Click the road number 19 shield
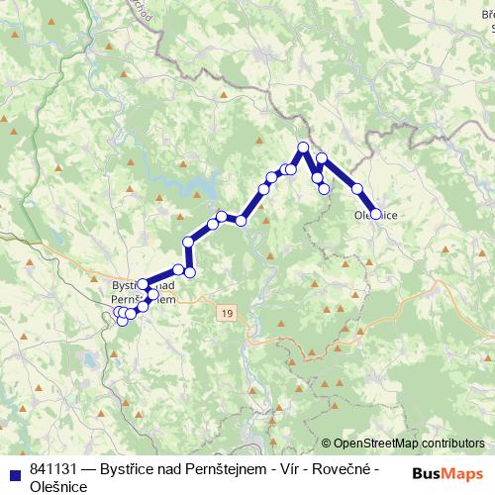click(x=229, y=313)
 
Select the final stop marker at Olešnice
click(x=375, y=213)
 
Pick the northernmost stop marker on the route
click(x=303, y=148)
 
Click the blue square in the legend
click(x=14, y=469)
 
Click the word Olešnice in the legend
click(x=58, y=486)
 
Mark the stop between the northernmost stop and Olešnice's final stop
click(x=356, y=188)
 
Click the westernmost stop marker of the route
click(x=118, y=313)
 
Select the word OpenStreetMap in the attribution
click(x=377, y=444)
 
